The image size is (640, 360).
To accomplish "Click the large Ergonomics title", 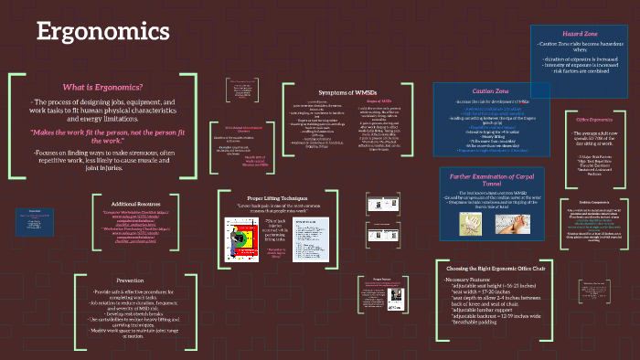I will (x=102, y=32).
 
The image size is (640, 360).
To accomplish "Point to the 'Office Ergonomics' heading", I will (x=593, y=120).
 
